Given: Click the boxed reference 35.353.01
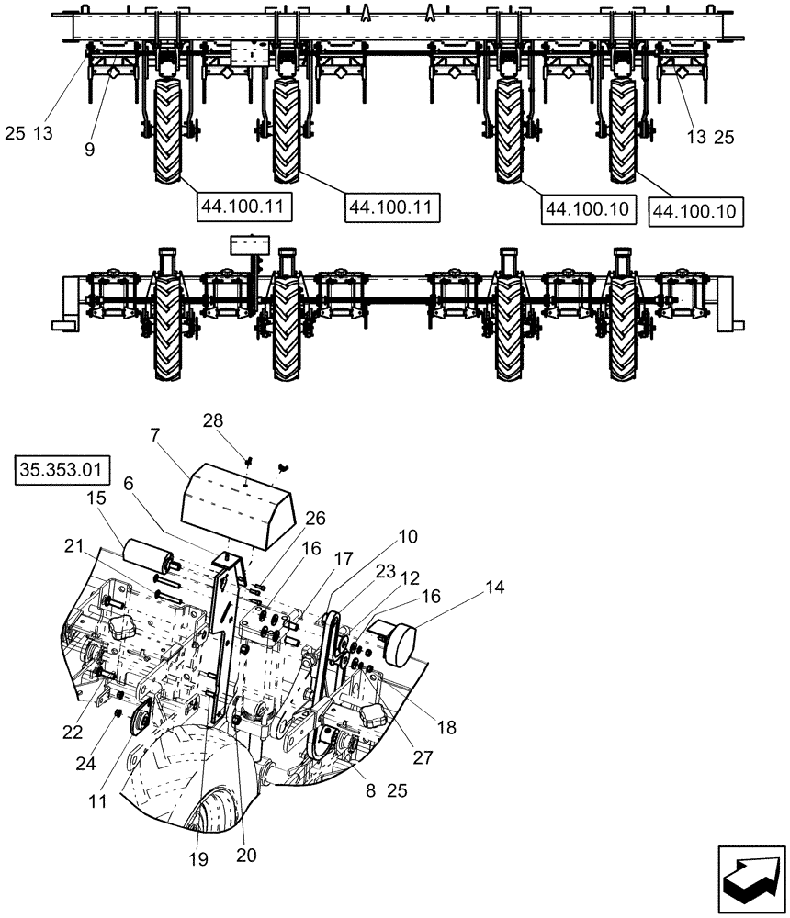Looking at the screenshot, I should tap(62, 474).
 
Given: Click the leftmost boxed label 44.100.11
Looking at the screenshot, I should tap(243, 209).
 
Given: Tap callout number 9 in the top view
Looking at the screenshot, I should tap(89, 148).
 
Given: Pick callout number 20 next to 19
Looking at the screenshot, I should tap(245, 854).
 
